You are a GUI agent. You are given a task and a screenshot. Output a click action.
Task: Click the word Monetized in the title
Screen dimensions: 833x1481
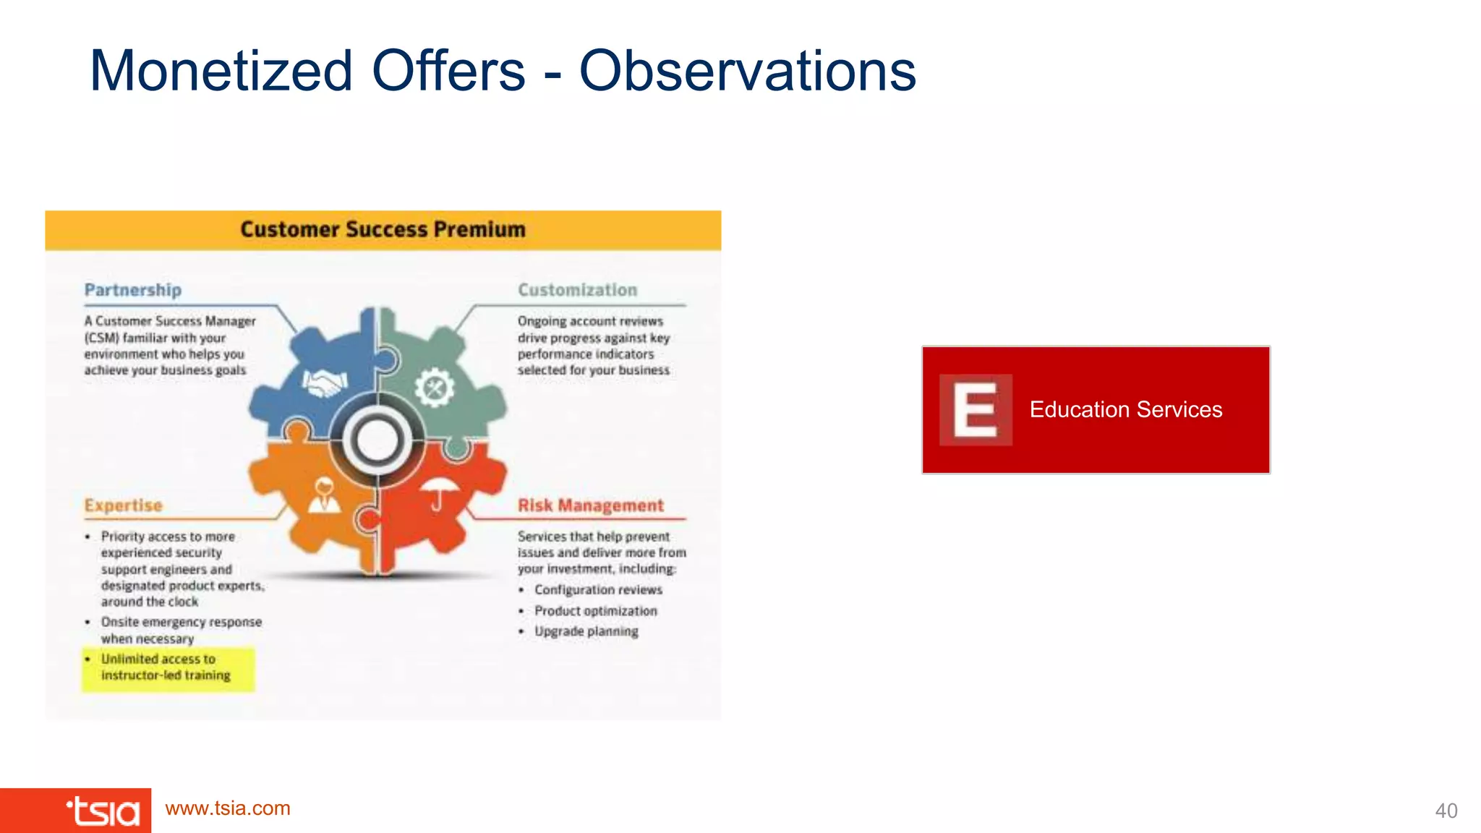tap(221, 71)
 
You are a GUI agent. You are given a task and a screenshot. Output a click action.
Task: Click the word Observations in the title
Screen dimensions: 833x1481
tap(748, 71)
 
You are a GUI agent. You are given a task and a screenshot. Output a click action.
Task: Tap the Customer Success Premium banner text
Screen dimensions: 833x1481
tap(383, 229)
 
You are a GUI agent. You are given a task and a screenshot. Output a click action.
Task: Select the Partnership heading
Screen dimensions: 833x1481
tap(133, 290)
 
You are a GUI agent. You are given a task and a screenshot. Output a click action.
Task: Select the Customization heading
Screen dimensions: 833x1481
tap(577, 290)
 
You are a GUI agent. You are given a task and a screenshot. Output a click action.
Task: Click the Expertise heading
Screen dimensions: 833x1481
tap(123, 505)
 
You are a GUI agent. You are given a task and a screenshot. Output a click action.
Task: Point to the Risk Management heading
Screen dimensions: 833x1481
tap(590, 505)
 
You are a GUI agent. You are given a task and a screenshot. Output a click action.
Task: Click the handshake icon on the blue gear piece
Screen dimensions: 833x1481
tap(325, 383)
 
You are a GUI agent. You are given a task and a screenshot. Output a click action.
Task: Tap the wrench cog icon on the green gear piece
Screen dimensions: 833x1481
tap(435, 388)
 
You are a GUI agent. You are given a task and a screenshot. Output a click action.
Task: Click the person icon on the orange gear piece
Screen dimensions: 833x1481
tap(325, 495)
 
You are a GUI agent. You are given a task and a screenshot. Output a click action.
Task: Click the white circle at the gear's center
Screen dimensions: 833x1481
tap(377, 441)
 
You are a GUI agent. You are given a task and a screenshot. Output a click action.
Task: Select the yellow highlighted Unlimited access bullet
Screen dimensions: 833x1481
tap(167, 667)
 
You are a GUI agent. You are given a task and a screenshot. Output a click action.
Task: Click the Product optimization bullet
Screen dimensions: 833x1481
tap(595, 611)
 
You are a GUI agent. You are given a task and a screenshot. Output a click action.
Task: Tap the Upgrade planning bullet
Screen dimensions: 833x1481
tap(586, 631)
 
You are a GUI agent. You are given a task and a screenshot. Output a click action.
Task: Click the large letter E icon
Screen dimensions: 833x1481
tap(975, 409)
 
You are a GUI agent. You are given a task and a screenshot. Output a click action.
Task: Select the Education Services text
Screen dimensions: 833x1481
tap(1125, 409)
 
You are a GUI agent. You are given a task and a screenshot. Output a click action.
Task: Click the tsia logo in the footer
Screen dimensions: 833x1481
tap(103, 811)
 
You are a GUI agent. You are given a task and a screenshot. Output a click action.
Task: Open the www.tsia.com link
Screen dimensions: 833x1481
tap(228, 808)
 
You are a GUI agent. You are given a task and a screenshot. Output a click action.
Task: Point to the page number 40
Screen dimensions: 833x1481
tap(1446, 811)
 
